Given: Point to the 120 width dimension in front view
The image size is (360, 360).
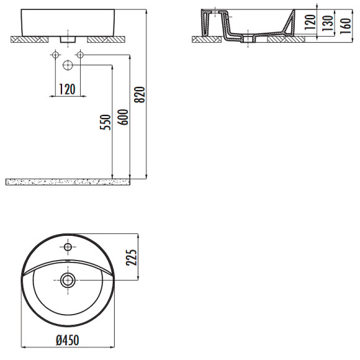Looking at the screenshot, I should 67,89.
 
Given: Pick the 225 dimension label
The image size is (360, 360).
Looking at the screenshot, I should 131,256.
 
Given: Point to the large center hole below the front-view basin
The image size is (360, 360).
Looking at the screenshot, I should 67,65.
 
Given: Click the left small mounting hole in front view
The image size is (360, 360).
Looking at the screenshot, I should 55,56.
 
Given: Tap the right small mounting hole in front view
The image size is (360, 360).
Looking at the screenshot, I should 79,56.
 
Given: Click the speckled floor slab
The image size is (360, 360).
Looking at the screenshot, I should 68,181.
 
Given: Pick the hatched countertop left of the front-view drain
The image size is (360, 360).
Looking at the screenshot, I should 30,39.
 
